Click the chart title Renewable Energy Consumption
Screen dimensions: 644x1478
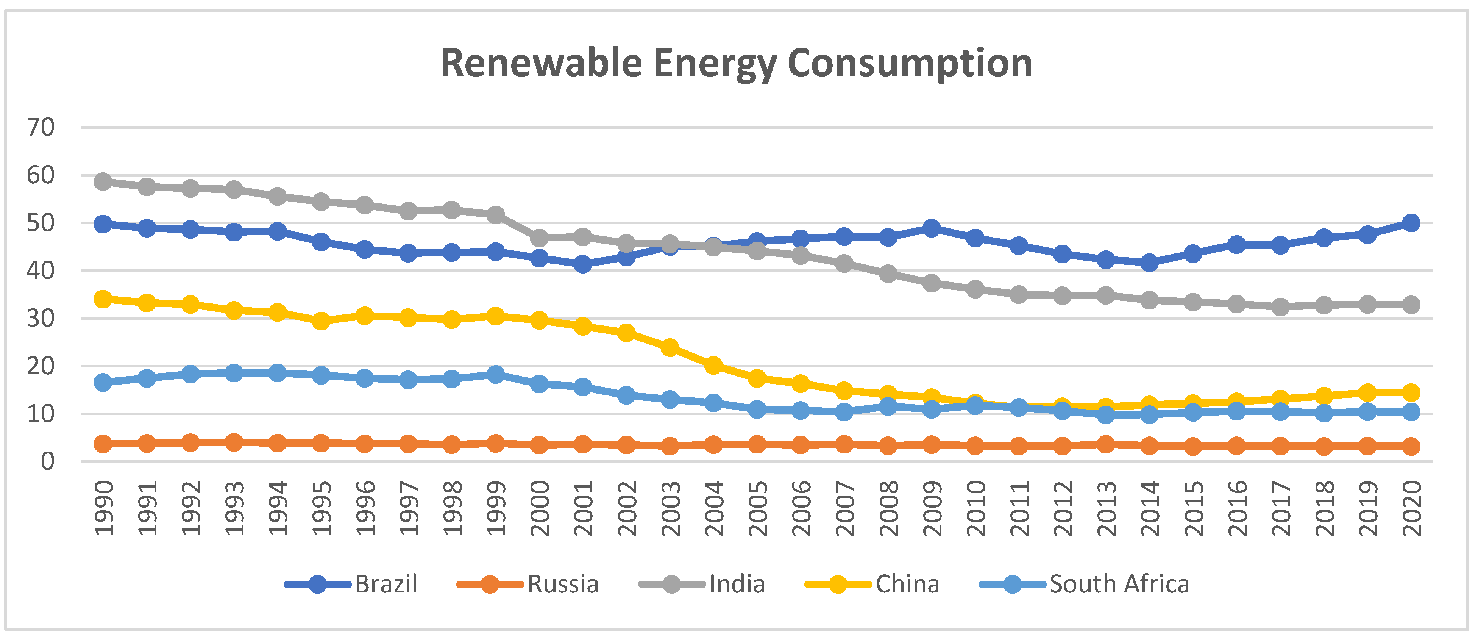coord(736,63)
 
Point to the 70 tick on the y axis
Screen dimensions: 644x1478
coord(41,127)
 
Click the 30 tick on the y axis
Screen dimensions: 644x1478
coord(41,319)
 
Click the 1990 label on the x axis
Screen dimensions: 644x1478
coord(104,508)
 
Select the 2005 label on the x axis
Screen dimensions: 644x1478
coord(757,508)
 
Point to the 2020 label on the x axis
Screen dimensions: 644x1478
coord(1411,508)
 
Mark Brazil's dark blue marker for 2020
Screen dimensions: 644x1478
coord(1411,223)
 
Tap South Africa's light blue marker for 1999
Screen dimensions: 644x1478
coord(496,375)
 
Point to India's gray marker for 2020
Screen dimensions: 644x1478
coord(1411,305)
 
